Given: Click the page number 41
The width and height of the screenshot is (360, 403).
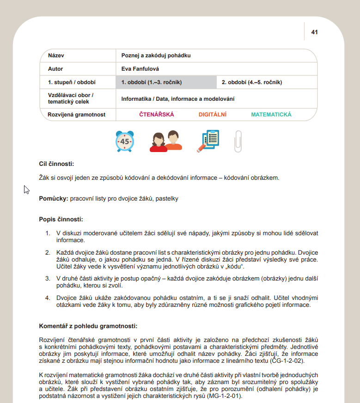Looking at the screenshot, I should [314, 32].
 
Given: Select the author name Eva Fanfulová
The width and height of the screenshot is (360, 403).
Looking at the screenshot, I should [140, 69].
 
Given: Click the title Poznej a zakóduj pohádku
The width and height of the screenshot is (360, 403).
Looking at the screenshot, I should [156, 55].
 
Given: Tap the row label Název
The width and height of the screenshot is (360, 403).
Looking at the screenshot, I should [57, 55].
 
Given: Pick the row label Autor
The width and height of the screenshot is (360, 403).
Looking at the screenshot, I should [55, 69].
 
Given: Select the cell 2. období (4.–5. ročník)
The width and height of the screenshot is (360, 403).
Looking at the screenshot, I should [251, 82].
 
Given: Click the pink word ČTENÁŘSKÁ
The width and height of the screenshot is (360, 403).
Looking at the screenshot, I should [157, 115].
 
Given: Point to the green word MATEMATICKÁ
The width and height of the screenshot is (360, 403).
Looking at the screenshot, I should [271, 115].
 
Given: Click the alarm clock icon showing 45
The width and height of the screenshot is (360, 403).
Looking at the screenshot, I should [125, 141].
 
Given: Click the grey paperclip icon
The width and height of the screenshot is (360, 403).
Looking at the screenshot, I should [238, 141].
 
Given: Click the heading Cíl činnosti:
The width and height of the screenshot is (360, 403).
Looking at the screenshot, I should [56, 164].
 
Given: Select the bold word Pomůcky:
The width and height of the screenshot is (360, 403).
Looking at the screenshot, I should [53, 198].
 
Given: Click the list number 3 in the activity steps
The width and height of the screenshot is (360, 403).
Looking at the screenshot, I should [47, 279].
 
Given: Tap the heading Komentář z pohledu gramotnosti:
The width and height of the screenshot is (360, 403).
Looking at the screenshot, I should [88, 326].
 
